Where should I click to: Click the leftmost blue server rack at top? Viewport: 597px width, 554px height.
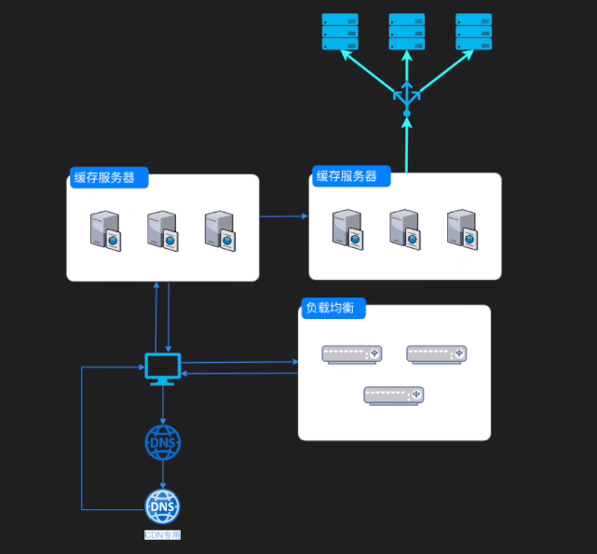pyautogui.click(x=340, y=32)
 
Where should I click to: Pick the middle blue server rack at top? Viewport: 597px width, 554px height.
pyautogui.click(x=407, y=32)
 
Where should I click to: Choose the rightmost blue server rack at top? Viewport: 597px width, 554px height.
pyautogui.click(x=474, y=32)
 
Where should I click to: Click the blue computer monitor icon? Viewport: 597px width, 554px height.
pyautogui.click(x=163, y=367)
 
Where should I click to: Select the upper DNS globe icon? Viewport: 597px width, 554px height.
pyautogui.click(x=163, y=442)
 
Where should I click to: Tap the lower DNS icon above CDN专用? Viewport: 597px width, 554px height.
pyautogui.click(x=163, y=507)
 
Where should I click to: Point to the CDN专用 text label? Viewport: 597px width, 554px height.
pyautogui.click(x=163, y=536)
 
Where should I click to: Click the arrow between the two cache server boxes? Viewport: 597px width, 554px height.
pyautogui.click(x=283, y=216)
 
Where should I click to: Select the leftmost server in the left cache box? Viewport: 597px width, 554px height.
pyautogui.click(x=105, y=230)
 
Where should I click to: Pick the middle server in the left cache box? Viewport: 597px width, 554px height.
pyautogui.click(x=162, y=230)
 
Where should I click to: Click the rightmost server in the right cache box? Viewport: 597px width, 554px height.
pyautogui.click(x=462, y=229)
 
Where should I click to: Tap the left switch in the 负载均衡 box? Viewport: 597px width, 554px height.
pyautogui.click(x=352, y=354)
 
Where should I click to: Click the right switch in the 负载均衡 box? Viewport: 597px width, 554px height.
pyautogui.click(x=436, y=354)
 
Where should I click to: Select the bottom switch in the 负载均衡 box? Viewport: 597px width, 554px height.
pyautogui.click(x=394, y=395)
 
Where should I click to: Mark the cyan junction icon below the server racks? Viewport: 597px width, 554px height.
pyautogui.click(x=407, y=97)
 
